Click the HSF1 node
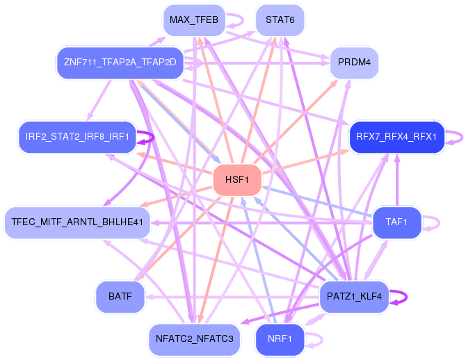click(237, 180)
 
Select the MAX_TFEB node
click(193, 21)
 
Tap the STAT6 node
click(280, 21)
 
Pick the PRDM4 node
click(353, 63)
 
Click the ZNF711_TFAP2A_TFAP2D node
click(120, 63)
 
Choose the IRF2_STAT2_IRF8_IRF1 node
click(77, 136)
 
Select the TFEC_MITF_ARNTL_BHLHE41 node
click(77, 222)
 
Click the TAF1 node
click(396, 222)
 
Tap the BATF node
click(120, 297)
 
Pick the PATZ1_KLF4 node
click(353, 297)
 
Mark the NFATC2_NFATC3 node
click(194, 339)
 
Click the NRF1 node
click(280, 339)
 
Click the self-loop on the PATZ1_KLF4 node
click(399, 297)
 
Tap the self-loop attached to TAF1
click(433, 222)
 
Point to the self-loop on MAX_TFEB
click(236, 21)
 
